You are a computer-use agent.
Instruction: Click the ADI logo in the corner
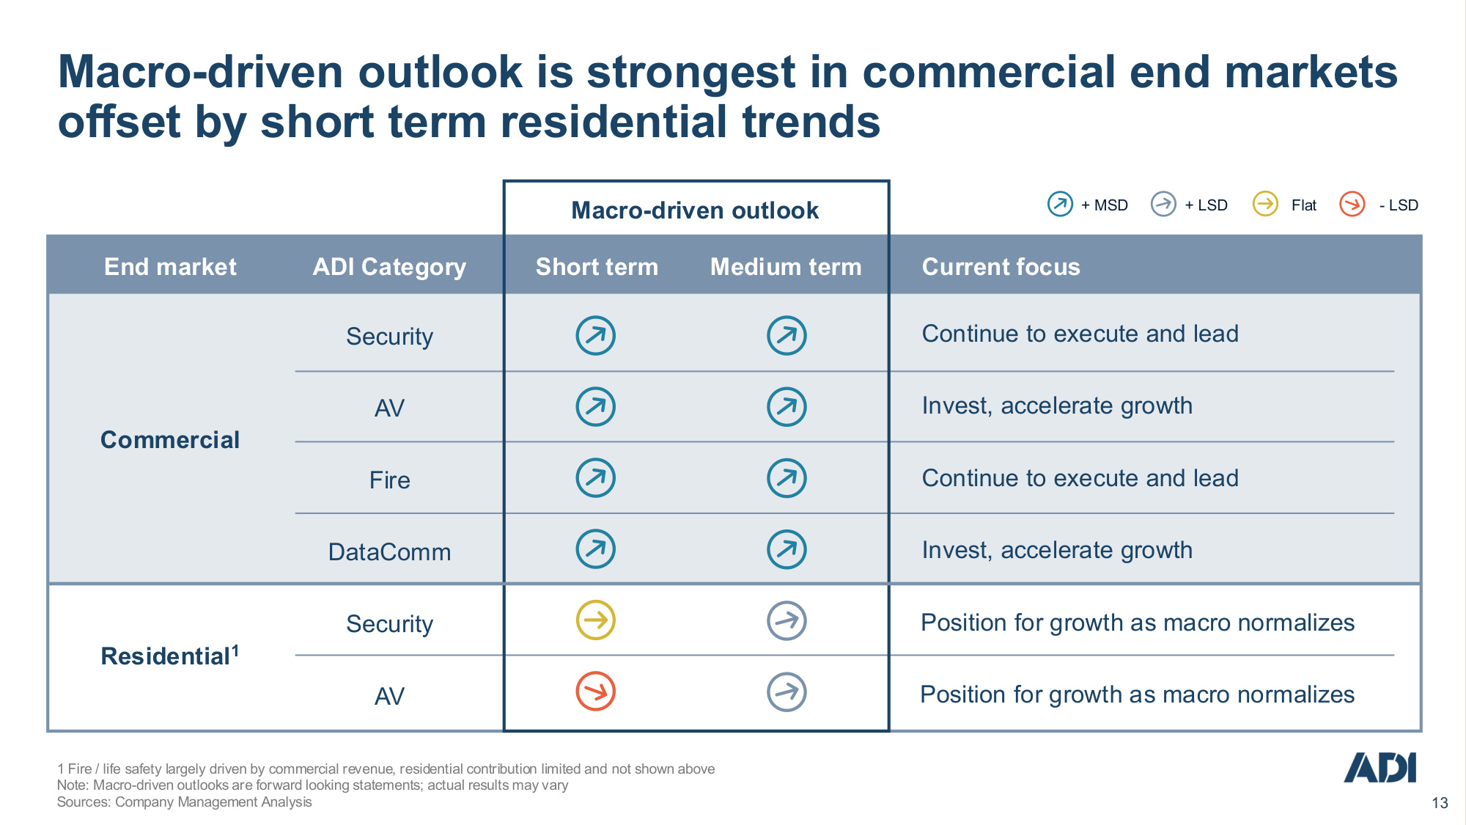tap(1380, 767)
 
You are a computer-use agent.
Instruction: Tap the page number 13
tap(1440, 803)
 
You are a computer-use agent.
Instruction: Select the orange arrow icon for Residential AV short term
tap(595, 692)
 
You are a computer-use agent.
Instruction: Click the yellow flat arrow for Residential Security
tap(595, 620)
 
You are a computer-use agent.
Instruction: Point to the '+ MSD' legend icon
tap(1060, 204)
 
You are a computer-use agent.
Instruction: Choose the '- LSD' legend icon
tap(1352, 204)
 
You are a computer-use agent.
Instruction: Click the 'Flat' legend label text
tap(1303, 205)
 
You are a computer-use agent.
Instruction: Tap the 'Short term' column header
tap(597, 267)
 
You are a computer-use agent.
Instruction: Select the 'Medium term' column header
tap(786, 267)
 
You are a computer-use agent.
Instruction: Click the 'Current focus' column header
tap(1001, 267)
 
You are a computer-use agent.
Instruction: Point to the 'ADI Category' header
tap(389, 268)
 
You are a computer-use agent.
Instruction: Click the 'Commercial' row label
tap(170, 440)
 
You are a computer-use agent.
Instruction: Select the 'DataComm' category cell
tap(389, 552)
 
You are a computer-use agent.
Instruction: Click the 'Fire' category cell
tap(389, 480)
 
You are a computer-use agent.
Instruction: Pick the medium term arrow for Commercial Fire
tap(787, 478)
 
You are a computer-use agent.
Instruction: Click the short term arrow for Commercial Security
tap(595, 336)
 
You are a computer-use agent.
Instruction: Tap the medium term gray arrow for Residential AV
tap(787, 692)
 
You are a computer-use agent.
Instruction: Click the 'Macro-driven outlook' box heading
tap(695, 210)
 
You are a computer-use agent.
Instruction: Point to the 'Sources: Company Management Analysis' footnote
tap(184, 802)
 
